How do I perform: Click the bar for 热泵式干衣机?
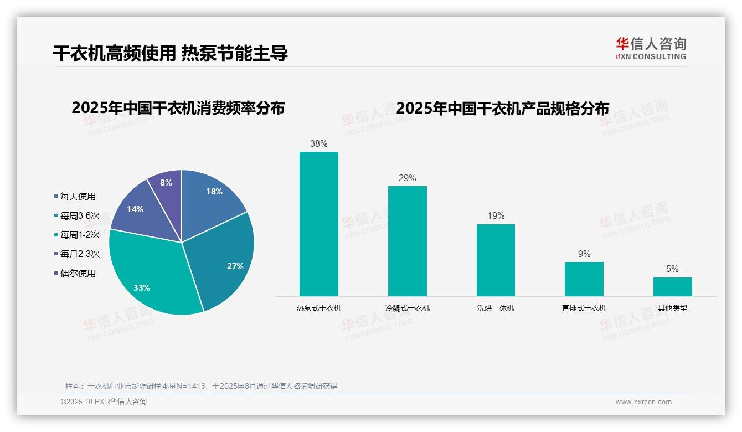(x=318, y=224)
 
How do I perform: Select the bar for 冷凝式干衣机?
(x=407, y=241)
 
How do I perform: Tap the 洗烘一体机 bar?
(x=496, y=260)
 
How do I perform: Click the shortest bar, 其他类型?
(x=672, y=286)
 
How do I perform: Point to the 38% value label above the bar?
(x=318, y=143)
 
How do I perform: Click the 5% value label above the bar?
(x=672, y=269)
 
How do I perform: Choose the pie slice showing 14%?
(x=136, y=208)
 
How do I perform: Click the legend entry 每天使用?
(x=78, y=196)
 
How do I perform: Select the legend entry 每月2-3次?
(x=80, y=254)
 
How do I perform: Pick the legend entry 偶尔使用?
(x=78, y=273)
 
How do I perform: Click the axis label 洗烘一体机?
(x=496, y=308)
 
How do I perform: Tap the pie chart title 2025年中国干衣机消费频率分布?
(x=178, y=108)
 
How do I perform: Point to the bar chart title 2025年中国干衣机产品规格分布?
(x=502, y=108)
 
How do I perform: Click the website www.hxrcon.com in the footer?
(x=643, y=402)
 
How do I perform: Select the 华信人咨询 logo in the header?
(x=651, y=48)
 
